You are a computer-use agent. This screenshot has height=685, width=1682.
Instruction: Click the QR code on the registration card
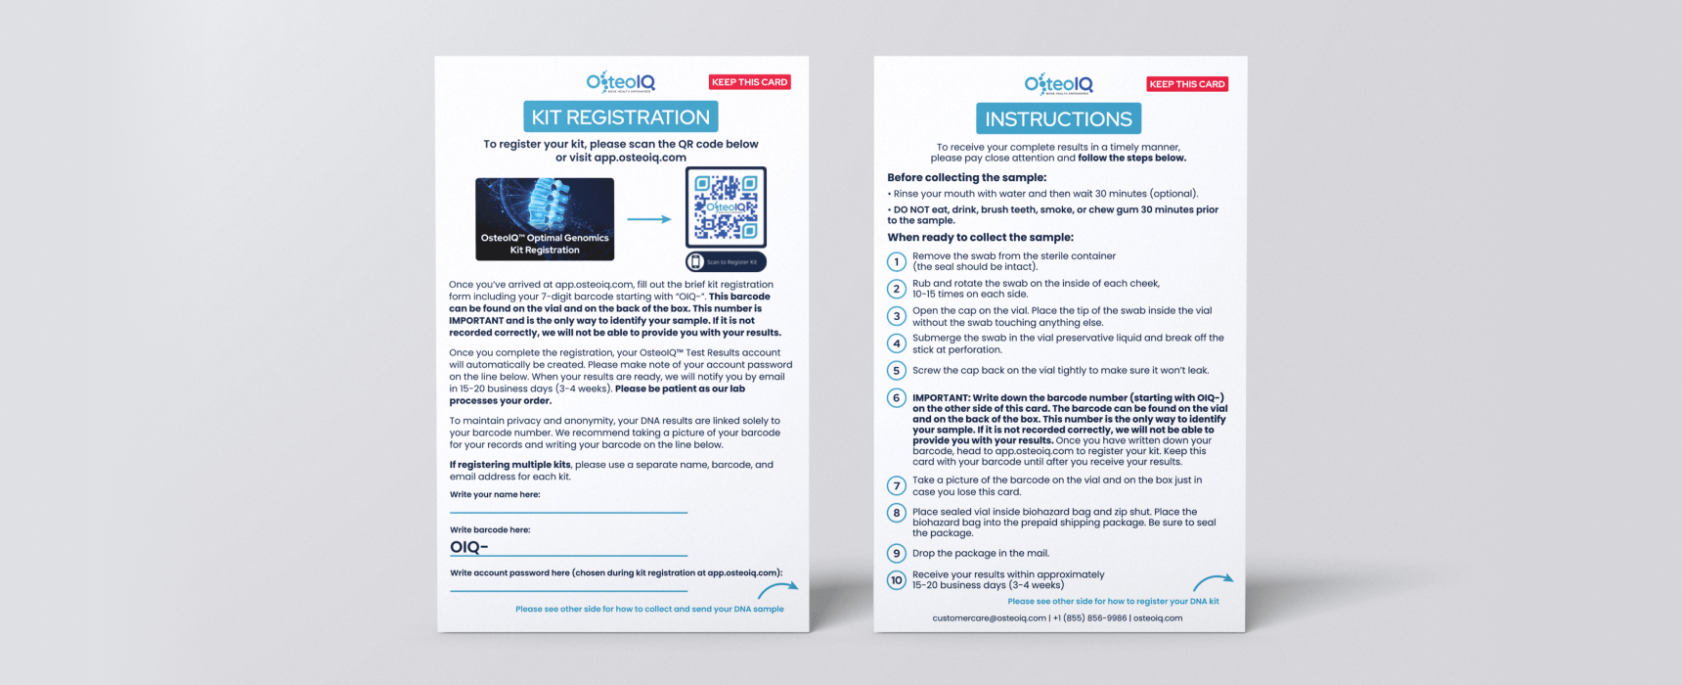click(726, 206)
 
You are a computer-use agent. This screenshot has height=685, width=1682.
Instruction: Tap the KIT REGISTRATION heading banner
click(620, 117)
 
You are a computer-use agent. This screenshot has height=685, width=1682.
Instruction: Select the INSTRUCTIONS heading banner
click(1058, 119)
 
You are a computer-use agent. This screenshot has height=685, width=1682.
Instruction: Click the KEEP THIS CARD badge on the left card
click(749, 82)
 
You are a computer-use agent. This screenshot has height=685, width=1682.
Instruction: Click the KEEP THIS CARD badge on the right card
click(1186, 84)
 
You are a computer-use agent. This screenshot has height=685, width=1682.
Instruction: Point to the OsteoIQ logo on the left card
click(621, 82)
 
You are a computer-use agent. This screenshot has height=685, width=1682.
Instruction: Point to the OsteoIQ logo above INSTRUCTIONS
click(1058, 84)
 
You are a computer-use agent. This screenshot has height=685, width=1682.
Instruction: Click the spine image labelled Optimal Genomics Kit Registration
click(545, 218)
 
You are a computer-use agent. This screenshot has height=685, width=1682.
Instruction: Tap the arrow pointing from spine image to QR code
click(648, 219)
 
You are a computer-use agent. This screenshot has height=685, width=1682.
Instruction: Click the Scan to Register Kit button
click(726, 262)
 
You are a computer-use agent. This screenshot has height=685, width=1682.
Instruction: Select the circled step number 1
click(896, 261)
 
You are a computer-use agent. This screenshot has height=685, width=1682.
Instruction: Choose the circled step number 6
click(896, 398)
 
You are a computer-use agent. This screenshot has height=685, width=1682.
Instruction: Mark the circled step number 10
click(896, 580)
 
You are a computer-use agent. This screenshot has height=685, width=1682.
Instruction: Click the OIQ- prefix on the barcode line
click(468, 547)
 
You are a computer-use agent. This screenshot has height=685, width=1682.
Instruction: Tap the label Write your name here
click(495, 495)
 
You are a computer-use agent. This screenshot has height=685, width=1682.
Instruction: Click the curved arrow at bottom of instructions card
click(1213, 581)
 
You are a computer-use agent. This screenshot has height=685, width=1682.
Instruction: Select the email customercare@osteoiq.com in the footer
click(989, 618)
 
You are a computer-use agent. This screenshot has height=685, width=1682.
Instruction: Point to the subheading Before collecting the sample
click(966, 178)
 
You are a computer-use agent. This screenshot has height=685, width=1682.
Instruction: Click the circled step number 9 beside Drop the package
click(896, 553)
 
